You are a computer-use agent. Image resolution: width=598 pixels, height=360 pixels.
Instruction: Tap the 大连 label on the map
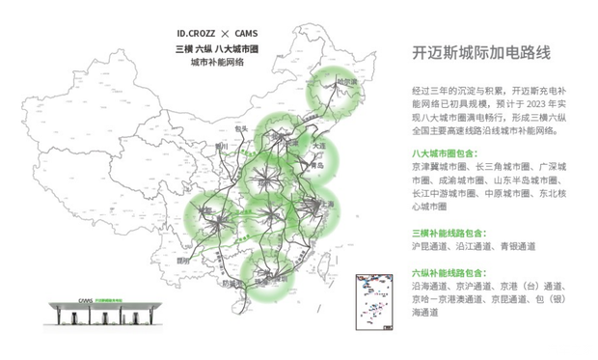(319, 145)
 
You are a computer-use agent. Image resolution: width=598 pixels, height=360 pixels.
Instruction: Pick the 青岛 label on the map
(317, 166)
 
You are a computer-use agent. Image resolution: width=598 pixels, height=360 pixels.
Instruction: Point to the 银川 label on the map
(221, 148)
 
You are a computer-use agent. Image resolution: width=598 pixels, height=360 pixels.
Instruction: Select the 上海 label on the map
(328, 205)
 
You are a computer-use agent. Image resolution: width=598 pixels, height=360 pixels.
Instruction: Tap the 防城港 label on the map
(231, 284)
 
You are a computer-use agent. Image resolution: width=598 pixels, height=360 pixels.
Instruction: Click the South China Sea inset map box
(375, 301)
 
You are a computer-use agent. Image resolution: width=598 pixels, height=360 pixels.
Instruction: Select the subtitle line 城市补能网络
(217, 62)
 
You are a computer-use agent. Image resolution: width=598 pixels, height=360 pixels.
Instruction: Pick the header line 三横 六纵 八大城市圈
(217, 47)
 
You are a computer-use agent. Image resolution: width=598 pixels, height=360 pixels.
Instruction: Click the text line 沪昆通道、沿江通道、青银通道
(473, 247)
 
